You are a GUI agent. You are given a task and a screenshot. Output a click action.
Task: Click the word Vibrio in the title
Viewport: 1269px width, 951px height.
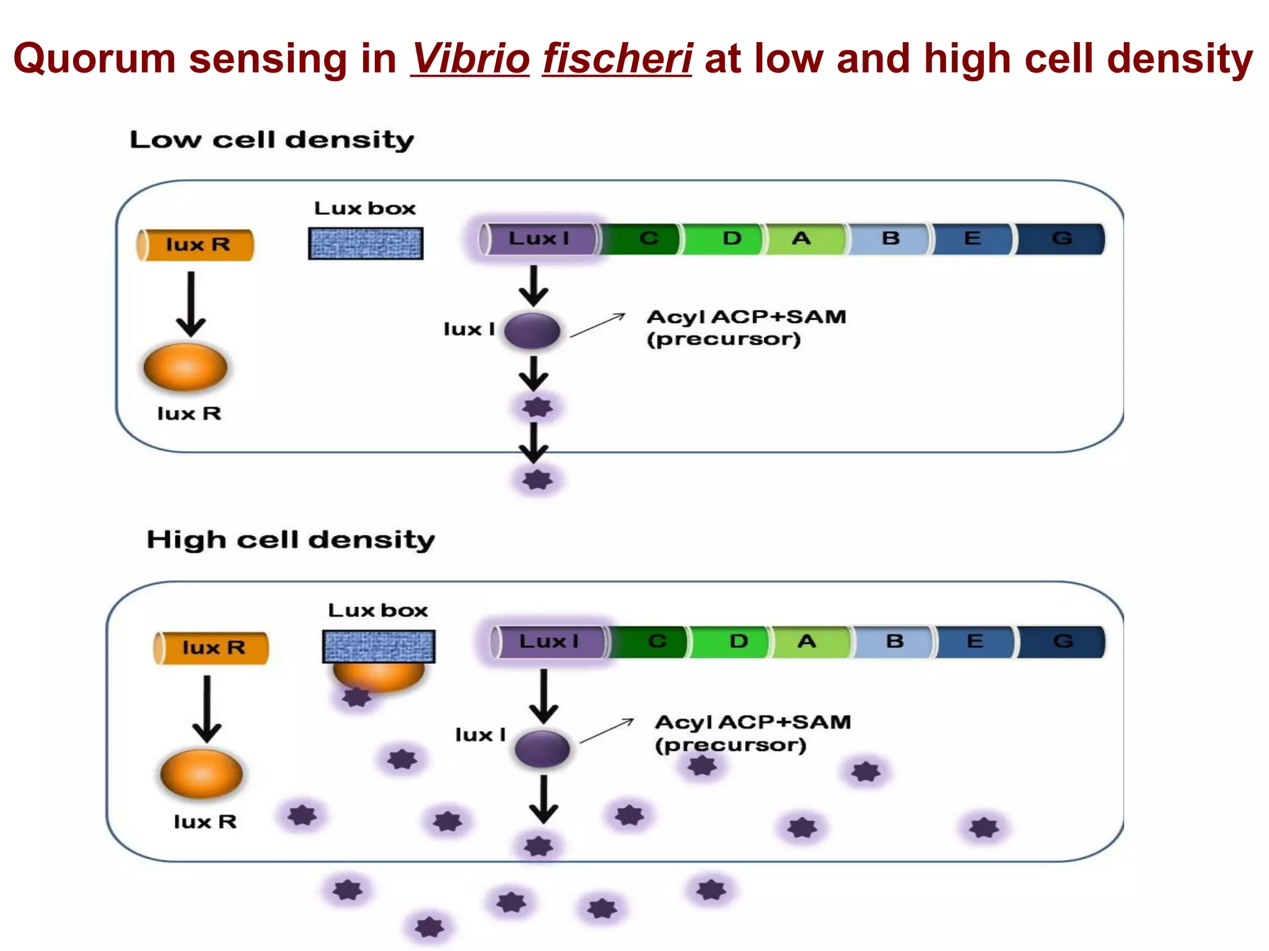pos(470,58)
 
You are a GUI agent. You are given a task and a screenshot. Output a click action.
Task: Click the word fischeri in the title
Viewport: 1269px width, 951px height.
pos(617,58)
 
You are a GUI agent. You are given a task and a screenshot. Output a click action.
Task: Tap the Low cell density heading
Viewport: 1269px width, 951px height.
pos(271,140)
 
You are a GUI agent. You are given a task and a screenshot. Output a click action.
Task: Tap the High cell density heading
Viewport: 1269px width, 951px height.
pos(290,540)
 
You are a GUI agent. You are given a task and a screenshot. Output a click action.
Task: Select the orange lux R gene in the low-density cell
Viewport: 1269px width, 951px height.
pos(196,245)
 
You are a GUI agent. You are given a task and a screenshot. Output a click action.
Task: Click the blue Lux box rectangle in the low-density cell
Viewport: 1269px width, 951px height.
pos(366,243)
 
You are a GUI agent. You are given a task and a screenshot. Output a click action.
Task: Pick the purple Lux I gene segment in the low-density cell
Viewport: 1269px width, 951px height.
pos(538,239)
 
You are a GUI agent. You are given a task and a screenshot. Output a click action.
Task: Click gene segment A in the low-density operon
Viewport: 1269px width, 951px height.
pos(803,239)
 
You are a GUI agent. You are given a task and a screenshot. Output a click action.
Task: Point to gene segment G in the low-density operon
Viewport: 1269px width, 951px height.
pos(1061,239)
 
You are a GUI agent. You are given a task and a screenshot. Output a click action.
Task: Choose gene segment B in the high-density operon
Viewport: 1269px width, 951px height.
pos(894,641)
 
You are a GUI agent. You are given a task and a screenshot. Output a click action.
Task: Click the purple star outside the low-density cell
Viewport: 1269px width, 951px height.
pos(537,480)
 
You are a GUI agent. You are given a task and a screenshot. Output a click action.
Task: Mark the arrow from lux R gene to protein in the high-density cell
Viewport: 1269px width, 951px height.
pos(207,708)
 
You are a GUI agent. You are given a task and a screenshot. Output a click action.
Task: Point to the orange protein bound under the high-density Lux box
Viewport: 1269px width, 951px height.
pos(379,677)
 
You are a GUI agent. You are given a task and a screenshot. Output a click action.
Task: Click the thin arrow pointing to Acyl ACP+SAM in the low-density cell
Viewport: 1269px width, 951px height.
pos(598,326)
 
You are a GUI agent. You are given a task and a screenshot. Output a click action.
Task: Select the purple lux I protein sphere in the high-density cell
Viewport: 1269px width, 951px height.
pos(543,749)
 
